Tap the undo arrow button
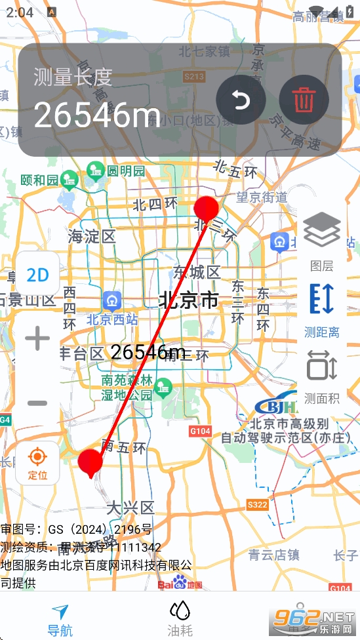click(241, 100)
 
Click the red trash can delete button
click(303, 100)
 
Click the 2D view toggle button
click(37, 275)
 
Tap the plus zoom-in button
click(37, 339)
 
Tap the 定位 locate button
click(37, 462)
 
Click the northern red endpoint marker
click(206, 209)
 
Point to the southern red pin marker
click(90, 462)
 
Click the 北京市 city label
click(188, 301)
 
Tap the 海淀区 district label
click(92, 237)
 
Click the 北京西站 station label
click(112, 320)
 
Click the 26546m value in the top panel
click(97, 116)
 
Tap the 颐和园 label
click(39, 180)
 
